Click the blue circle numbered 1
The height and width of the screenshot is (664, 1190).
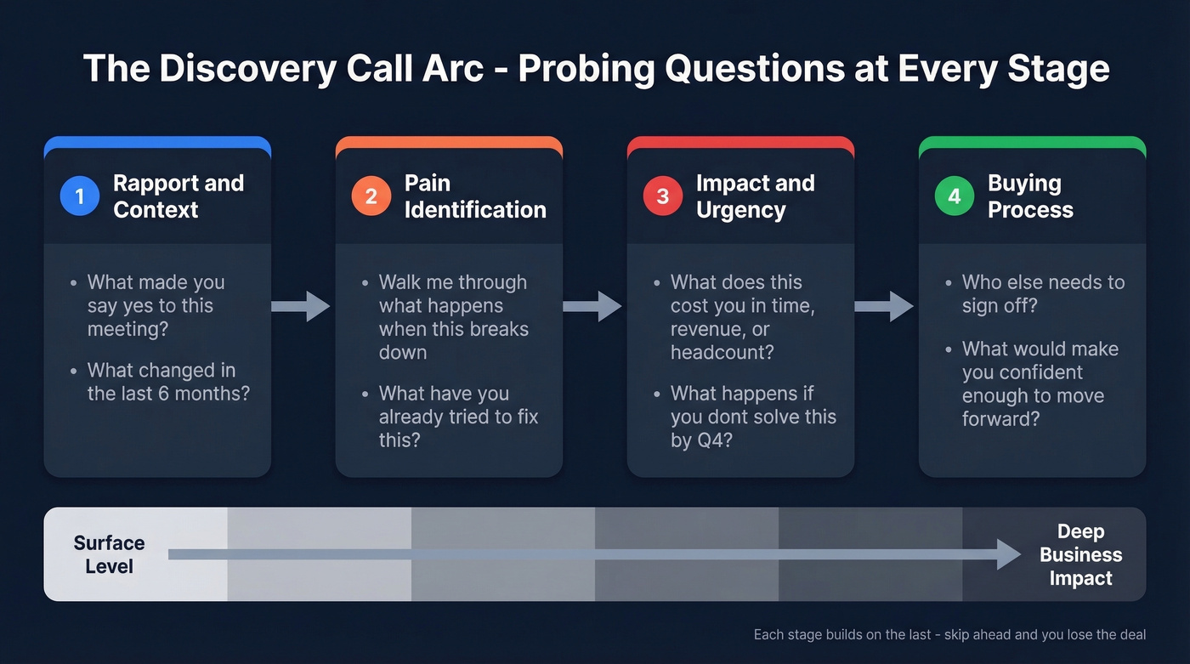coord(80,196)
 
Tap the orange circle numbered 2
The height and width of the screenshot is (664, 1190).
coord(371,196)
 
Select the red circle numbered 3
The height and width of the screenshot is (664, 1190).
coord(663,196)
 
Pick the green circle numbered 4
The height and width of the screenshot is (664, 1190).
coord(955,196)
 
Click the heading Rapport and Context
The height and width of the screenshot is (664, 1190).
coord(178,196)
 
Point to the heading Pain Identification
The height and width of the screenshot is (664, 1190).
coord(475,196)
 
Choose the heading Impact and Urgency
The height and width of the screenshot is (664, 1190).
coord(755,196)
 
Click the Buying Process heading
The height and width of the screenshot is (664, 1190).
coord(1029,196)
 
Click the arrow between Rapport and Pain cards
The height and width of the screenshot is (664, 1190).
coord(301,306)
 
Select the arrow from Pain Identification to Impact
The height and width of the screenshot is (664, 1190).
coord(592,306)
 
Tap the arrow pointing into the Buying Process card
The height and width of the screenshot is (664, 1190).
coord(884,306)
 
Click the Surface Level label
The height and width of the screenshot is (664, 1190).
coord(109,554)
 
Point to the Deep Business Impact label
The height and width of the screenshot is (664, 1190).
coord(1080,554)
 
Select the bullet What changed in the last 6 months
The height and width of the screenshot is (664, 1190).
coord(168,382)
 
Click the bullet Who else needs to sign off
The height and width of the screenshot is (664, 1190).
coord(1043,294)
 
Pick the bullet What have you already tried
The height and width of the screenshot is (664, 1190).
coord(458,417)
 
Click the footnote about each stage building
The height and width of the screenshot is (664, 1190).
coord(949,634)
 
